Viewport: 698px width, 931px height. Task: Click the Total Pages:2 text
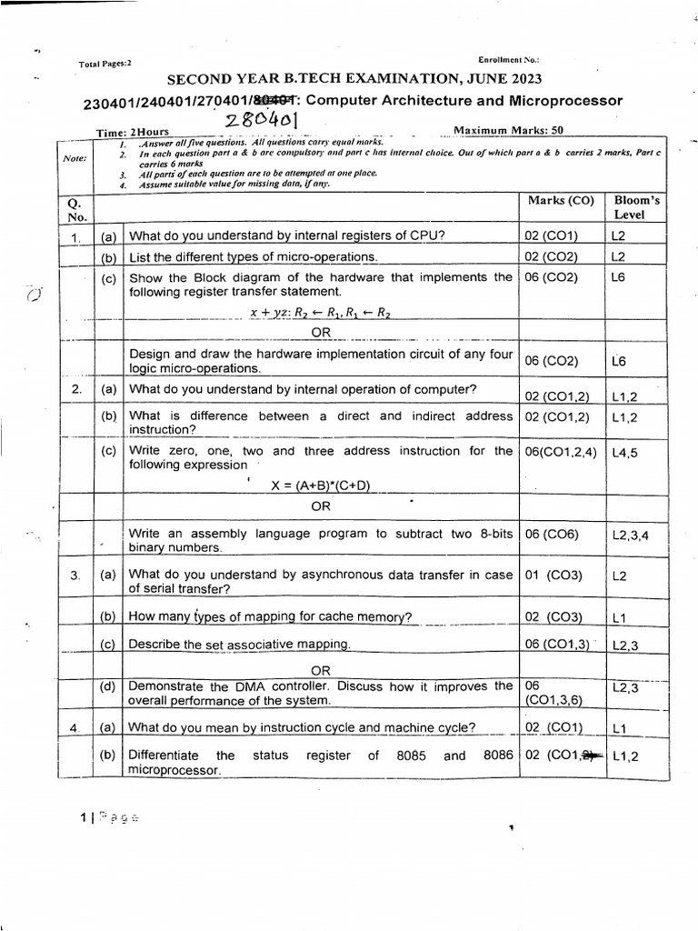pos(105,64)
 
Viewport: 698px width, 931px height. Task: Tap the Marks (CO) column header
pos(555,200)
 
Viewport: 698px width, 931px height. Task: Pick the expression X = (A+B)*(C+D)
pos(321,485)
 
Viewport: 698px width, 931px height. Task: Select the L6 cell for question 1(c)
pos(620,277)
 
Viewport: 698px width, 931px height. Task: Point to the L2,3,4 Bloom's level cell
pos(631,536)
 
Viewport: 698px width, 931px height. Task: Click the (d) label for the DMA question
pos(108,686)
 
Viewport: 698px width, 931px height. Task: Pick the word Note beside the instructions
pos(75,157)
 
